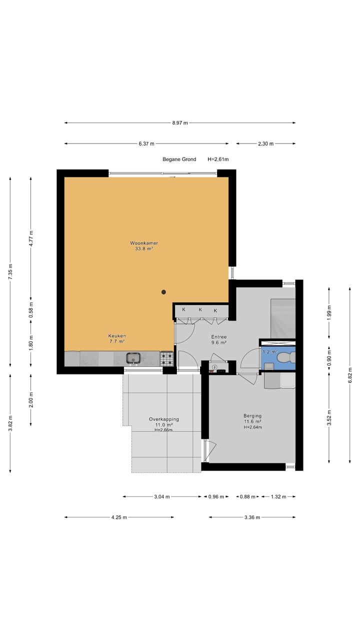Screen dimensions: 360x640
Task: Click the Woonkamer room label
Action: [x=144, y=243]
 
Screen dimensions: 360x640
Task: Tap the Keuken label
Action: [x=117, y=336]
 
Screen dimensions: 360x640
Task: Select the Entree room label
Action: [x=219, y=337]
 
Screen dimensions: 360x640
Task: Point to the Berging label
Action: [x=252, y=415]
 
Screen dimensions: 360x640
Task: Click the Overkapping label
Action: [x=164, y=419]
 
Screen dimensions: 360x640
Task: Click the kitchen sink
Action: [x=133, y=358]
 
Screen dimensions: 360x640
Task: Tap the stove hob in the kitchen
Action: [x=167, y=359]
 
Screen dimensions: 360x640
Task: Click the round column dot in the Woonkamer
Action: [x=163, y=292]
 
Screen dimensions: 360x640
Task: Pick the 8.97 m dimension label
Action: [x=180, y=123]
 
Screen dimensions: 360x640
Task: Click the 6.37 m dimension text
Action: [x=146, y=143]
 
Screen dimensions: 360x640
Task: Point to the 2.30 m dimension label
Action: [x=265, y=143]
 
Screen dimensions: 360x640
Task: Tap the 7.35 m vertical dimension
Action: [x=10, y=271]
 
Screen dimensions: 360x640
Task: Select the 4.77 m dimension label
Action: [x=31, y=238]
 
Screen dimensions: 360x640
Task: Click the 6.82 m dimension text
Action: [x=350, y=375]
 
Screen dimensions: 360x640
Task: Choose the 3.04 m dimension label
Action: [x=162, y=496]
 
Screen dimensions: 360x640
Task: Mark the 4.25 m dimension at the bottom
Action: [x=119, y=517]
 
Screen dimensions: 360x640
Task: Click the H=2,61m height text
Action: [x=218, y=159]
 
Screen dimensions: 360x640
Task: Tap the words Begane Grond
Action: [x=179, y=159]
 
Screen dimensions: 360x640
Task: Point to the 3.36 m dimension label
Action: [x=252, y=517]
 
